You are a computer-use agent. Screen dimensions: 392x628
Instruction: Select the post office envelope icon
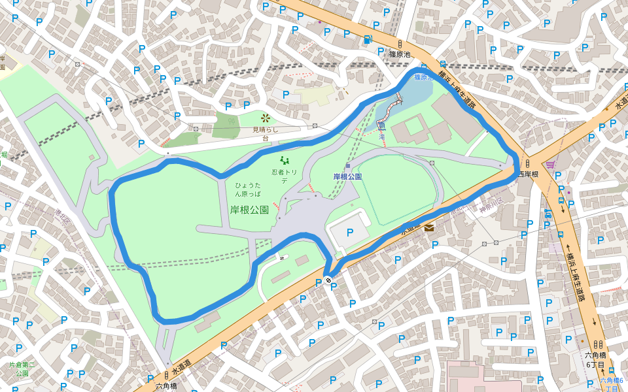429,227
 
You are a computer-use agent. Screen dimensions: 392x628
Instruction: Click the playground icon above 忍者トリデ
285,160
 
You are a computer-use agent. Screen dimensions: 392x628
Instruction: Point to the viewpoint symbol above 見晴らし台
266,118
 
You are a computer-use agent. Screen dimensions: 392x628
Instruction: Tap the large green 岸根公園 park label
249,210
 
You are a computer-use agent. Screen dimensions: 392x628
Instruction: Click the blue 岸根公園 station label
347,176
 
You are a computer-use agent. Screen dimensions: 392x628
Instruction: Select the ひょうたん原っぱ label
248,189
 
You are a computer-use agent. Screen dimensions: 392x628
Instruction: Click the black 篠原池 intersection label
399,54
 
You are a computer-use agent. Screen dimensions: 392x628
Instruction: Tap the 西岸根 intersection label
528,174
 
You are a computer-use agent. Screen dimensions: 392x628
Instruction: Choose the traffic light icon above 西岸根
527,163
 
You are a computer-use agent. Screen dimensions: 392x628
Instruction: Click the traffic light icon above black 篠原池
400,44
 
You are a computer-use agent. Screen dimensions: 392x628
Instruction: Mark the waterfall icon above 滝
381,127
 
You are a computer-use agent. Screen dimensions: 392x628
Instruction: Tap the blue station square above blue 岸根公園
348,166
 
